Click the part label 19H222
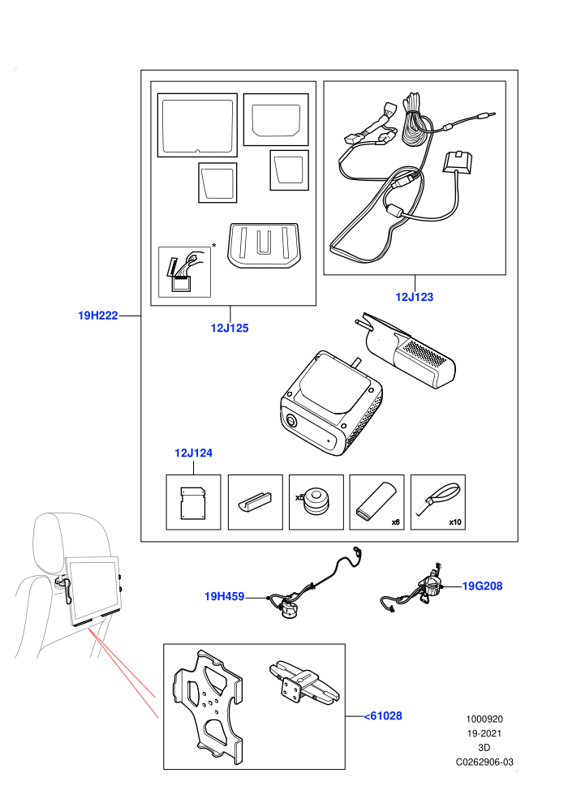click(x=98, y=316)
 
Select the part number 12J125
click(x=230, y=328)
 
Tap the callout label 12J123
click(x=415, y=297)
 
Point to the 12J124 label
click(x=193, y=453)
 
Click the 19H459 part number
click(x=224, y=596)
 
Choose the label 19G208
click(x=483, y=586)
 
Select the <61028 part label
click(x=383, y=716)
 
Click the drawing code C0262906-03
click(x=484, y=762)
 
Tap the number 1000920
click(x=484, y=719)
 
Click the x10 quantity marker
click(x=455, y=522)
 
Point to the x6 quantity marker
click(x=395, y=522)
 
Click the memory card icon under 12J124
click(x=193, y=503)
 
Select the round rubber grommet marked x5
click(x=316, y=501)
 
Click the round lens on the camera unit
click(x=292, y=421)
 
